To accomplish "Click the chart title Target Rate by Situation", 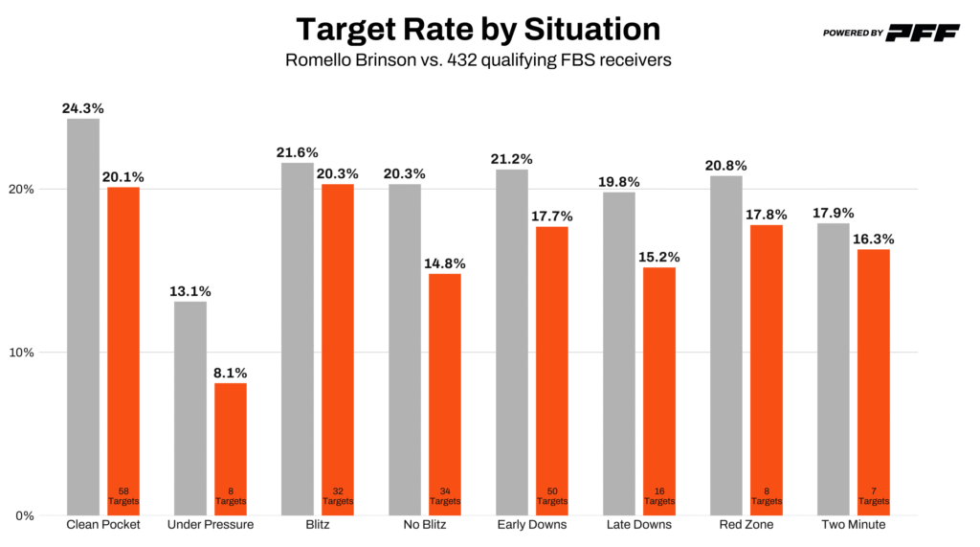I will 478,29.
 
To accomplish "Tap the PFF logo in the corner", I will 922,33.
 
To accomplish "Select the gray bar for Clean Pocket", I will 83,316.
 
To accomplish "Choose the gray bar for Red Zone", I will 726,345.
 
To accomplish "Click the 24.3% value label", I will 83,108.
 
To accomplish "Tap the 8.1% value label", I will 231,374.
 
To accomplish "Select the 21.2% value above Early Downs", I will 512,159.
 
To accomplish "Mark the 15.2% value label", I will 659,258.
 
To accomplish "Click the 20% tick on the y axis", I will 23,189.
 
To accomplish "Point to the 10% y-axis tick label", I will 23,353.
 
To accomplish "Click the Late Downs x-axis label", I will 639,525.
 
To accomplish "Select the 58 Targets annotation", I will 123,495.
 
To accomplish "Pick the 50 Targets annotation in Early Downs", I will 552,495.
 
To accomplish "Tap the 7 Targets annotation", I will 874,495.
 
